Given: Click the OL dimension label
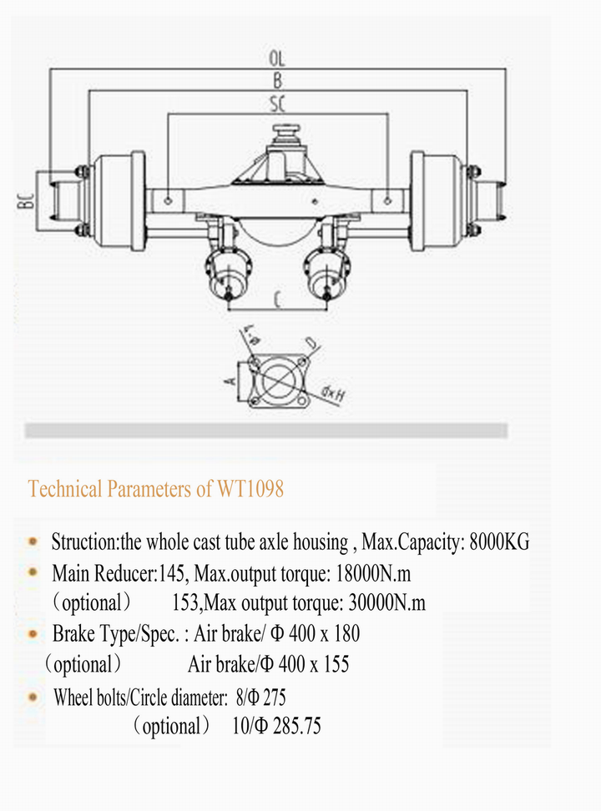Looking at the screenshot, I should [x=277, y=59].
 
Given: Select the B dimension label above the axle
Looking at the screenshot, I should [x=277, y=81].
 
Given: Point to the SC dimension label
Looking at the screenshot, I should [x=277, y=104].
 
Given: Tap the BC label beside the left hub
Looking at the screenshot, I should [x=27, y=200].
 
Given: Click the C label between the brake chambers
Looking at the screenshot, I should [x=276, y=297].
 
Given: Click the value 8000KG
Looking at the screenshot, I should [x=499, y=542].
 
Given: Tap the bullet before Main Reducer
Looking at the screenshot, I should [x=33, y=572].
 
